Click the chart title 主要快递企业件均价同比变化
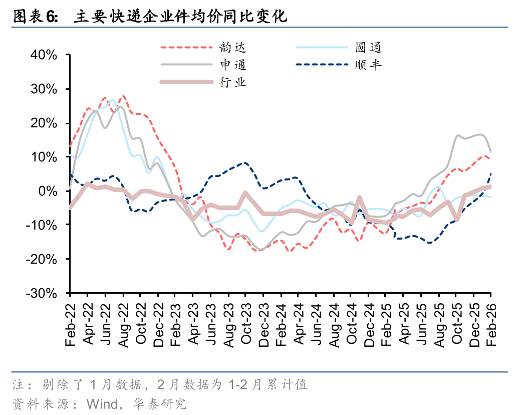tap(180, 17)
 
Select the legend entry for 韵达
tap(232, 48)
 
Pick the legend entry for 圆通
tap(368, 48)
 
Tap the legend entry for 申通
tap(232, 65)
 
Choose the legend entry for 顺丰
tap(368, 65)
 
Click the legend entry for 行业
tap(232, 82)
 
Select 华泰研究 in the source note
tap(159, 403)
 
